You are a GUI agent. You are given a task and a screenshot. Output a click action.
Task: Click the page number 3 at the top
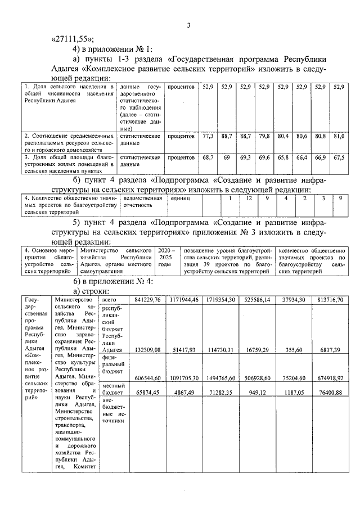pos(189,25)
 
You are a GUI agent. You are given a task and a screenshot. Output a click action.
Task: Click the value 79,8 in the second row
pos(264,136)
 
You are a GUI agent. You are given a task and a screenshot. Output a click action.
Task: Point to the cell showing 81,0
pos(339,136)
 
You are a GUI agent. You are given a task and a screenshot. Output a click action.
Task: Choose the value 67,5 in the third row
pos(339,158)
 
